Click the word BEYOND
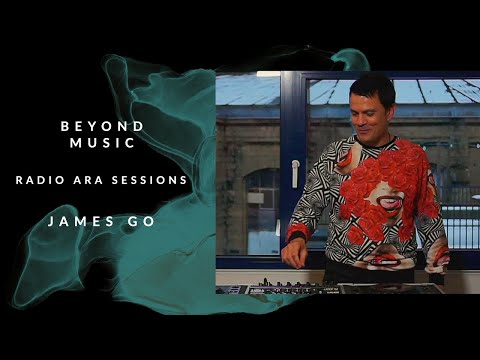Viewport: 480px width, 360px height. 102,126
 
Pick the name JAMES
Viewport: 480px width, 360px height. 77,219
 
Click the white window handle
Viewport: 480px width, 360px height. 295,174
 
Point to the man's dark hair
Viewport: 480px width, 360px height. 372,88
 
